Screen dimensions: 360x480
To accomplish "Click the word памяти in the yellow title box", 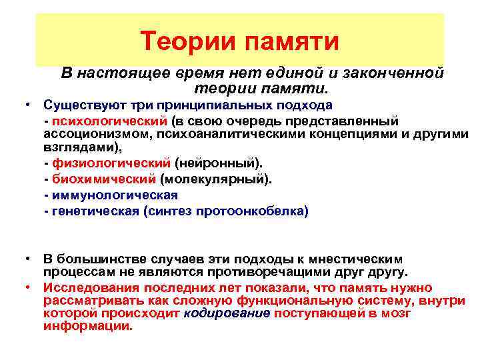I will click(293, 41).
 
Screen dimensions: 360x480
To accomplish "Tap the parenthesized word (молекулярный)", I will click(215, 179).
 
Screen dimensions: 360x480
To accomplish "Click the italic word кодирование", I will click(227, 313).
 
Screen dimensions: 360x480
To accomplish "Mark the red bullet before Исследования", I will click(28, 287).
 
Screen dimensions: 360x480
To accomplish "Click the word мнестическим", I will click(363, 259).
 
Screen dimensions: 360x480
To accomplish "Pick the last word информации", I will click(87, 327).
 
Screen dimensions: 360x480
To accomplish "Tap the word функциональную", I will click(273, 300).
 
